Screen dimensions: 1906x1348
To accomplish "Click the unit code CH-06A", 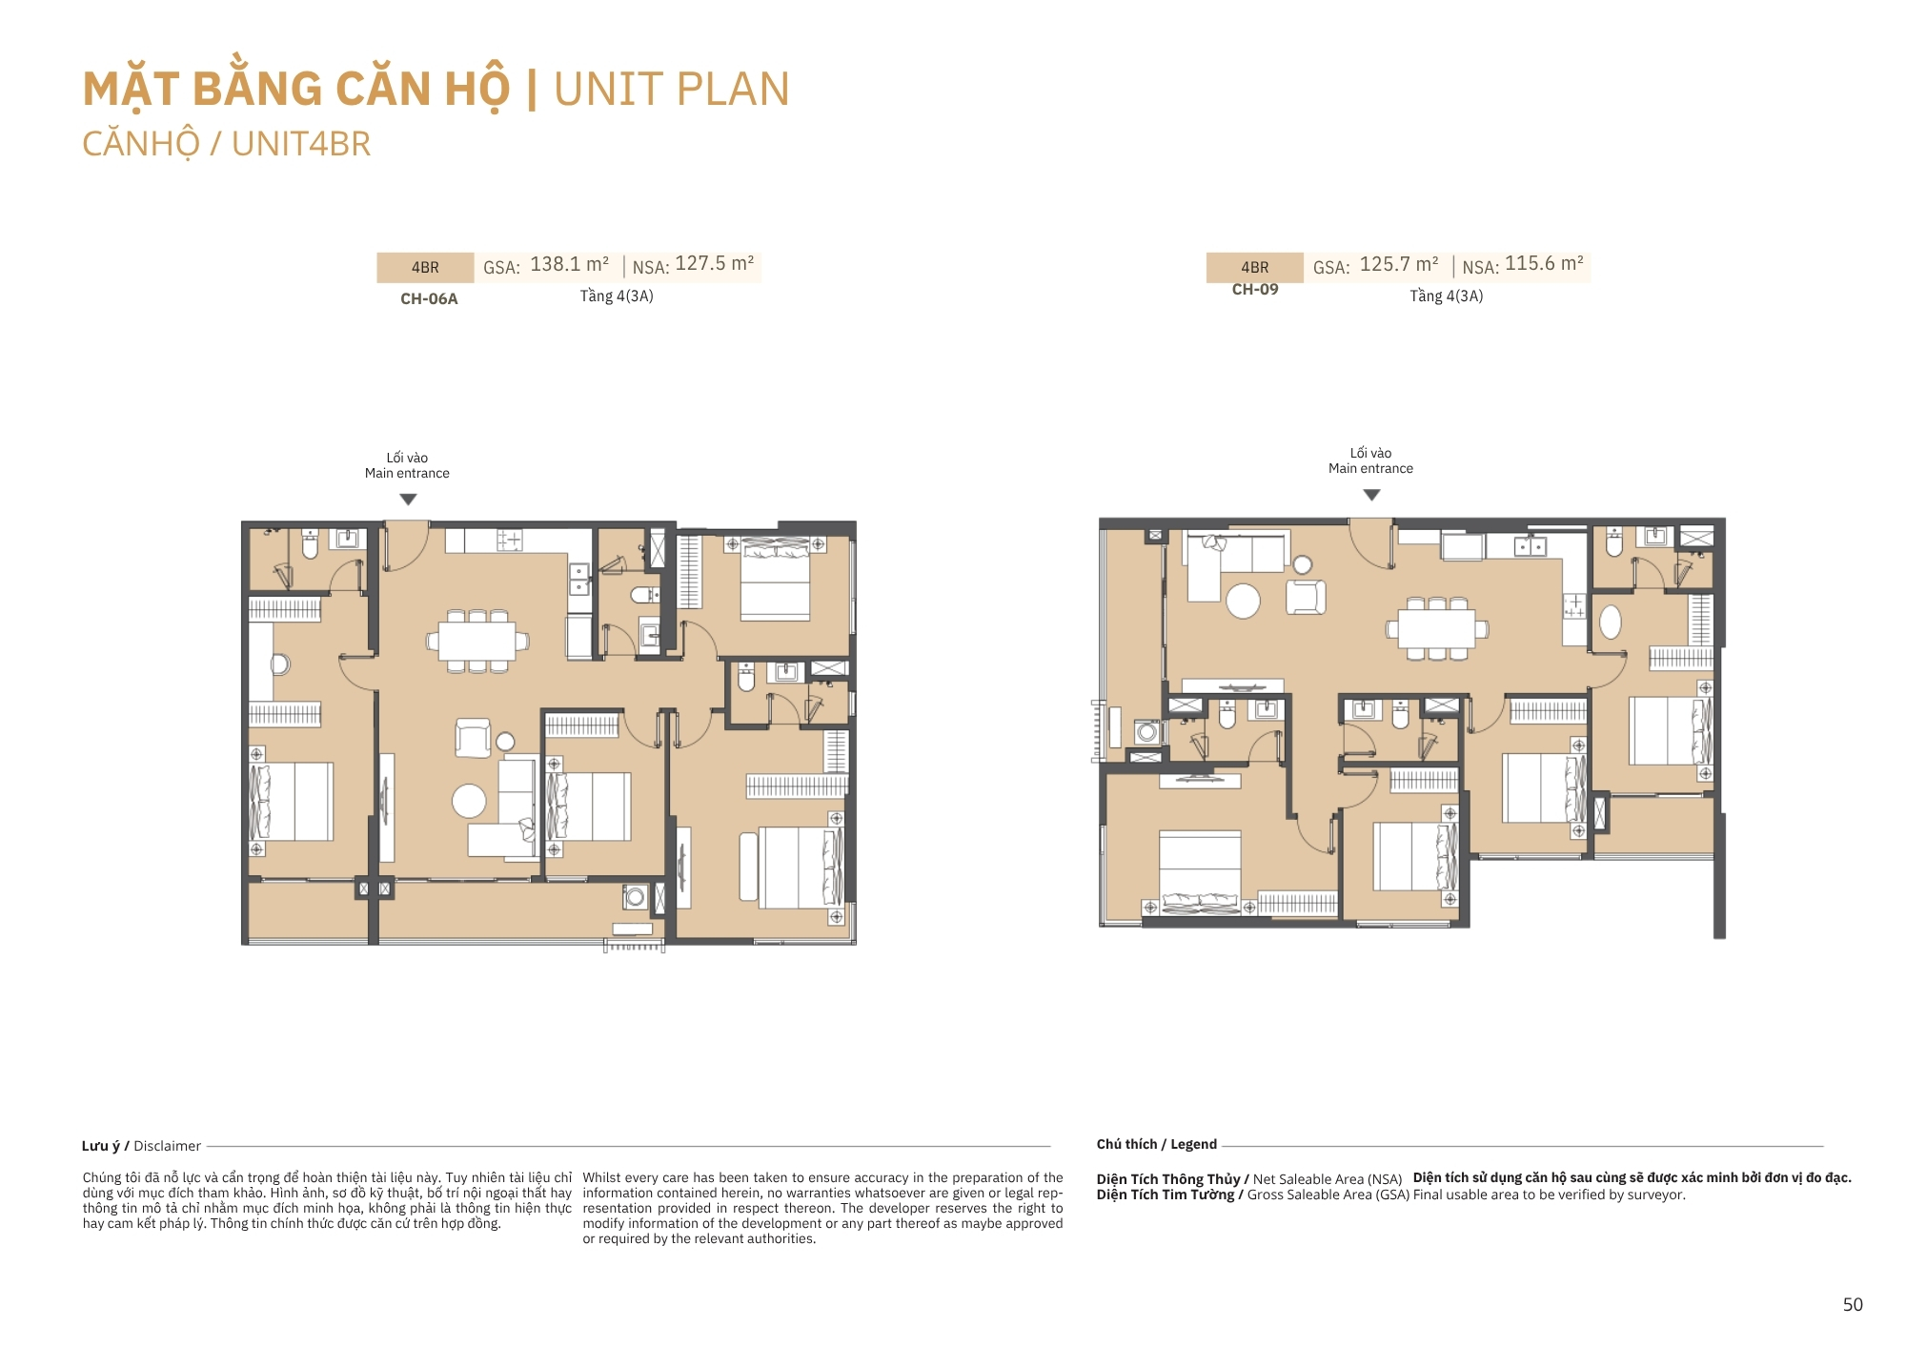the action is click(429, 298).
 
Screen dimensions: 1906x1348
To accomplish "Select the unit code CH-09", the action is click(1255, 289).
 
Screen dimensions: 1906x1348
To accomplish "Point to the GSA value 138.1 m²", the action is click(569, 264).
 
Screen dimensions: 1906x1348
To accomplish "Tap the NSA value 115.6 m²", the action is click(1544, 263).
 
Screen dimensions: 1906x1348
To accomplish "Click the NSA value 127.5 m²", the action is click(715, 263).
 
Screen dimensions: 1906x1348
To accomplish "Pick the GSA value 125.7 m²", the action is click(1399, 264).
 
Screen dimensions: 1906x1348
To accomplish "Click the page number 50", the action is click(1853, 1304).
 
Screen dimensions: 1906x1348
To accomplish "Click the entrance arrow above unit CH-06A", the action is click(408, 500).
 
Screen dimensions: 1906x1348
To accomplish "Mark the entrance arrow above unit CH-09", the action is click(1371, 495).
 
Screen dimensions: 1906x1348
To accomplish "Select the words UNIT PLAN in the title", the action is click(672, 90).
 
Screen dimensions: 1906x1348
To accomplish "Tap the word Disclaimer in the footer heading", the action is click(168, 1146).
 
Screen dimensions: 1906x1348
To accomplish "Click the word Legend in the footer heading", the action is click(1193, 1144).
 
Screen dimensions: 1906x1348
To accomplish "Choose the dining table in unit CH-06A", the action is click(476, 641).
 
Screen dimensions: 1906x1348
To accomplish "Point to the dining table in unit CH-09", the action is click(1437, 628).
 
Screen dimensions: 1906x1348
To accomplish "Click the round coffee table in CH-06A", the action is click(469, 801).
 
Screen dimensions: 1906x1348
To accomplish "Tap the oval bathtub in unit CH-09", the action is click(1611, 623).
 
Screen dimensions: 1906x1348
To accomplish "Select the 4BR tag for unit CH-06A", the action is click(425, 268).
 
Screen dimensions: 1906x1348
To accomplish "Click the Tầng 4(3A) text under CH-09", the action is click(1447, 296).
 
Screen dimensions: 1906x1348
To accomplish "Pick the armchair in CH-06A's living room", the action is click(473, 738).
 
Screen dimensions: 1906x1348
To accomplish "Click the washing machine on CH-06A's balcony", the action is click(635, 896).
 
